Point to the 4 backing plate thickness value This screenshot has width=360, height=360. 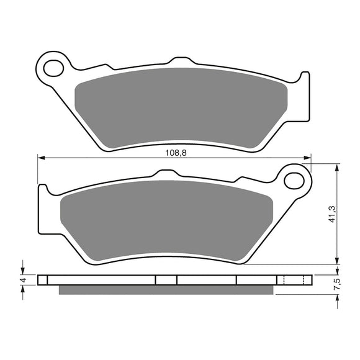(x=23, y=281)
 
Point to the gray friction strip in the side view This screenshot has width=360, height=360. (x=165, y=289)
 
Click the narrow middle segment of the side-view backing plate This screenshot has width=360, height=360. (x=166, y=280)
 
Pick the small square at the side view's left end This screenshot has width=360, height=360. (x=42, y=280)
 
